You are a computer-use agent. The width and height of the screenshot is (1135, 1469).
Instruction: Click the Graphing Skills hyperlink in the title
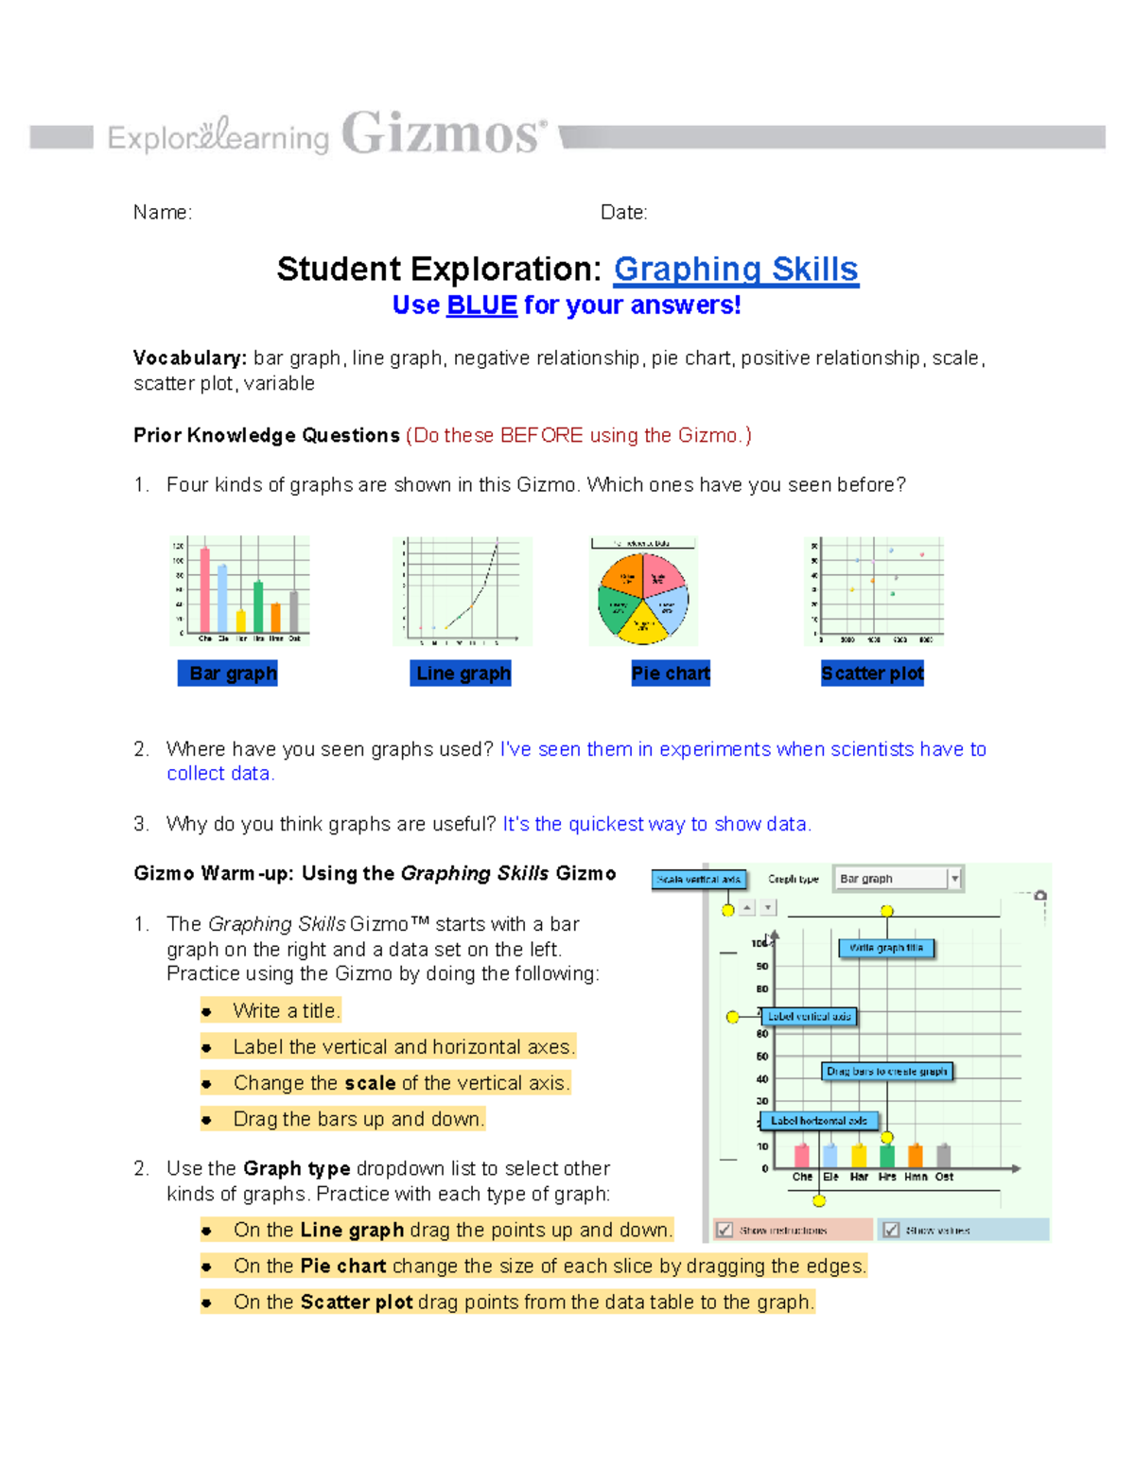point(736,270)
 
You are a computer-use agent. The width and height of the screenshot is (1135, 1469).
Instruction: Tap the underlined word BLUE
point(481,306)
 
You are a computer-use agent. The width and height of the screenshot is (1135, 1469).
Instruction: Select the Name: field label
point(163,213)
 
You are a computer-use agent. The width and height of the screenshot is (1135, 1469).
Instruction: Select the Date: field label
point(623,213)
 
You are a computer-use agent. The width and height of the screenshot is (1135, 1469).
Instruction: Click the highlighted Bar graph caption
point(228,673)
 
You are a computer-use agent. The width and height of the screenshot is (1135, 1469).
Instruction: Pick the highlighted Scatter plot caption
point(872,673)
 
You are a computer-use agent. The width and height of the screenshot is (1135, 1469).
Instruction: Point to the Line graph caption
point(462,673)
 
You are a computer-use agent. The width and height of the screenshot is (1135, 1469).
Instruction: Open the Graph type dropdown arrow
point(954,879)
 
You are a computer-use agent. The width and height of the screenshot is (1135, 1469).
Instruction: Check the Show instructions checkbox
point(725,1230)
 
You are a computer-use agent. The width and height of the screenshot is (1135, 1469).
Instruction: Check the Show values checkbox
point(891,1230)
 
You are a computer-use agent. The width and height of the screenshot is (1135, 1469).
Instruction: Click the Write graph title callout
point(886,948)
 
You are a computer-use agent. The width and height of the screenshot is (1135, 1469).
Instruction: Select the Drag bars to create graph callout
point(886,1071)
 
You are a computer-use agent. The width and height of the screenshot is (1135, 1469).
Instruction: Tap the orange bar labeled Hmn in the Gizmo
point(915,1156)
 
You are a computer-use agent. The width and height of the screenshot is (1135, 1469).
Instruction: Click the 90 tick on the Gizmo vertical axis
point(762,966)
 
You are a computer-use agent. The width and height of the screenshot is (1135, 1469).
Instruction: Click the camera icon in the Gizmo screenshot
point(1040,895)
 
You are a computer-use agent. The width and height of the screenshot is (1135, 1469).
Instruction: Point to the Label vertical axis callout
point(810,1017)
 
